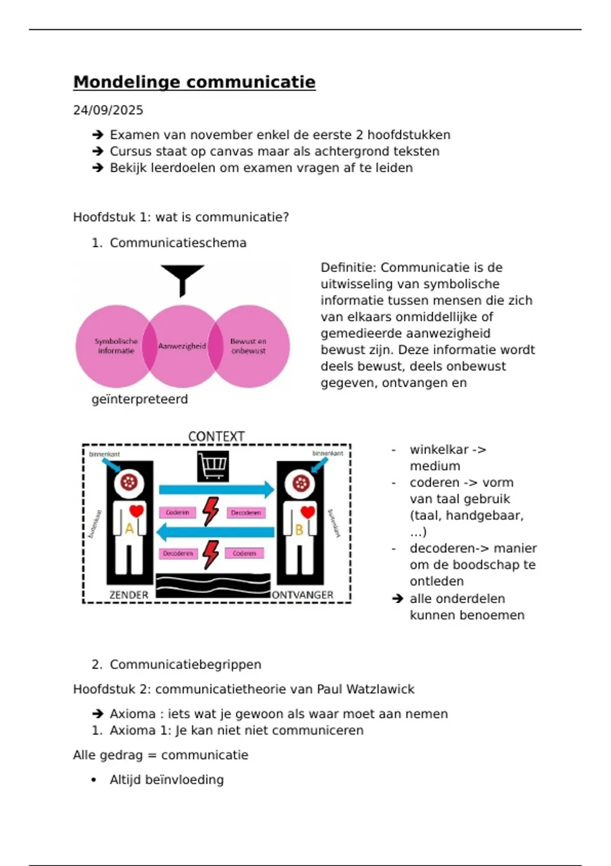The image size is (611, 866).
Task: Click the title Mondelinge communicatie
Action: [194, 82]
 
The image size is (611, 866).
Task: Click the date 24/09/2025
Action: [108, 110]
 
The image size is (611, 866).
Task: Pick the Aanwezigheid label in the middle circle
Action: [182, 346]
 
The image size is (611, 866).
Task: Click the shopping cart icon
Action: [213, 466]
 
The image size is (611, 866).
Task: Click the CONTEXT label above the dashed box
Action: [216, 437]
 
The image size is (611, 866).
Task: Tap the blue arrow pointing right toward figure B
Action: [216, 490]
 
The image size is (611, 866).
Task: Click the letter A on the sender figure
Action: [129, 529]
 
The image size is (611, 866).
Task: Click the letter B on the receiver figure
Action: [299, 530]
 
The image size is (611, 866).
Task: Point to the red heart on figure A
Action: [136, 510]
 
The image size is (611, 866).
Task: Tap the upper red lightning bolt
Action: [210, 511]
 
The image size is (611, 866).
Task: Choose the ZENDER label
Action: [129, 595]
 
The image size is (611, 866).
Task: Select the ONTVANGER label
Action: [303, 595]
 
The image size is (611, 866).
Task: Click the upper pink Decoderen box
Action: [246, 512]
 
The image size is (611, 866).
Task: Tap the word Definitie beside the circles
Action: [348, 267]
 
